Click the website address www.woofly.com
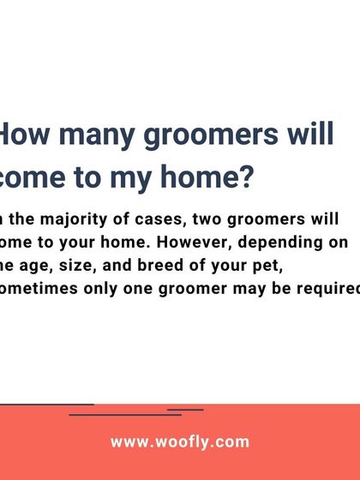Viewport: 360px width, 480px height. (x=180, y=442)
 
